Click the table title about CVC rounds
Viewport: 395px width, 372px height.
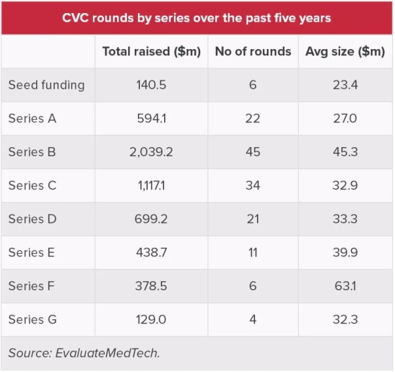click(x=197, y=18)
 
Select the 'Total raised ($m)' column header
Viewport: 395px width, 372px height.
click(x=151, y=52)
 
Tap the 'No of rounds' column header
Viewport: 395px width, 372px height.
click(x=253, y=52)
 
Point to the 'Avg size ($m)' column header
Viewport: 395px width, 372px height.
click(x=345, y=52)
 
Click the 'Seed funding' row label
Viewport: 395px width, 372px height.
click(x=46, y=85)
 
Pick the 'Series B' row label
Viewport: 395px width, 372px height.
click(x=32, y=152)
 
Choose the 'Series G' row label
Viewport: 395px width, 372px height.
click(x=33, y=320)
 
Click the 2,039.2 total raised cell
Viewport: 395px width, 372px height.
click(x=151, y=152)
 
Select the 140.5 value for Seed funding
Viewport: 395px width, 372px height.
click(x=151, y=85)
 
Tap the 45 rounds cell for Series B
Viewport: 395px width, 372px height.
click(x=253, y=152)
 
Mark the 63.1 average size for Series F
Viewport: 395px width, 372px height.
click(x=345, y=286)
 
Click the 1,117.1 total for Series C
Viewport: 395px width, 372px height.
click(x=151, y=186)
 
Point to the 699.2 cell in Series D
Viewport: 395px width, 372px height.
click(x=151, y=219)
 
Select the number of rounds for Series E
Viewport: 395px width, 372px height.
click(x=253, y=252)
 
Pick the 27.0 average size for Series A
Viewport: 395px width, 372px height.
click(x=345, y=118)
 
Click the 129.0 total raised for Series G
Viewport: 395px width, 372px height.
click(x=151, y=320)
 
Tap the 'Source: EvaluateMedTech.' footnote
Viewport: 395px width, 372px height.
click(x=84, y=353)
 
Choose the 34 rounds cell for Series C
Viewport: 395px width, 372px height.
click(x=253, y=186)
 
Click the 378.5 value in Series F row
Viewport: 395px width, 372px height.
click(x=151, y=286)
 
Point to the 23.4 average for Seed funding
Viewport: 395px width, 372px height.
click(x=345, y=85)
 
